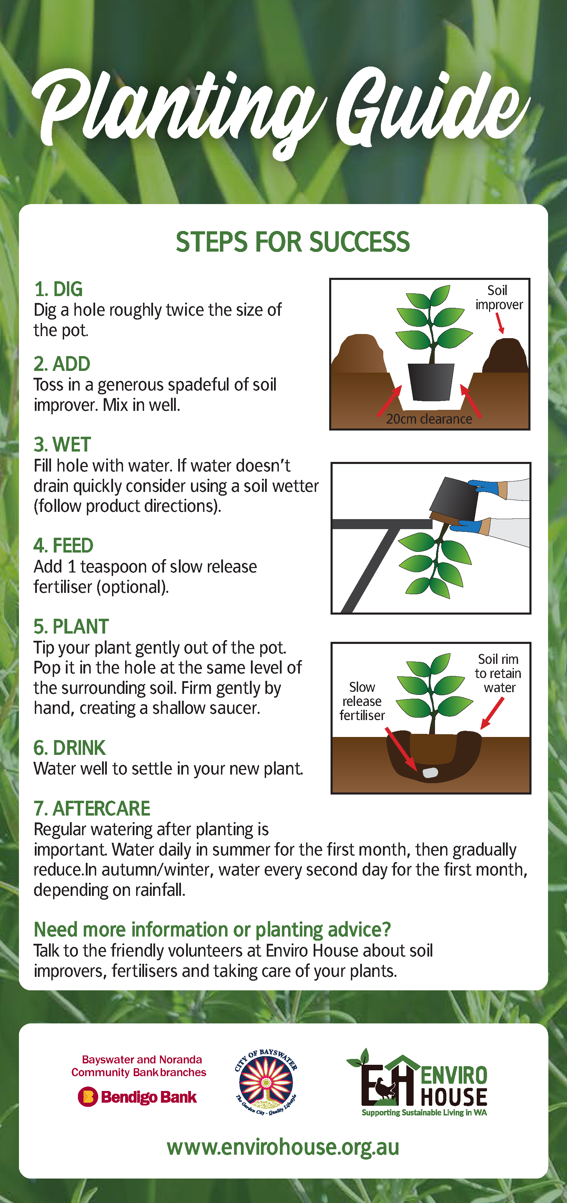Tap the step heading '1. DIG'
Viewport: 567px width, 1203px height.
[x=58, y=289]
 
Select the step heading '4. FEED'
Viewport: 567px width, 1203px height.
[x=63, y=545]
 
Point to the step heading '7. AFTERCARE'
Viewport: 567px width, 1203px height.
[x=92, y=808]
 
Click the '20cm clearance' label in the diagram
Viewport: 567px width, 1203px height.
[x=429, y=419]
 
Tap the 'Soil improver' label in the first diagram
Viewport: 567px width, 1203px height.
[x=498, y=297]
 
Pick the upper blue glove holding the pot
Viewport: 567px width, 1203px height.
[x=484, y=487]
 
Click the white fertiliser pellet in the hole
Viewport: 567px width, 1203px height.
[x=430, y=772]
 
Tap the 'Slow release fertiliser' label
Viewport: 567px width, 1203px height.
[x=362, y=701]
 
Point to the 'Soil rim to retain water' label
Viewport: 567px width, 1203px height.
[x=498, y=673]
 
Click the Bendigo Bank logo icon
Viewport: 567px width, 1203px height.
[x=88, y=1097]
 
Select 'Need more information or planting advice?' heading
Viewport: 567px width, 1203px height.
[x=212, y=929]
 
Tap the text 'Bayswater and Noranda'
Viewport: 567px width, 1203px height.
[x=142, y=1060]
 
